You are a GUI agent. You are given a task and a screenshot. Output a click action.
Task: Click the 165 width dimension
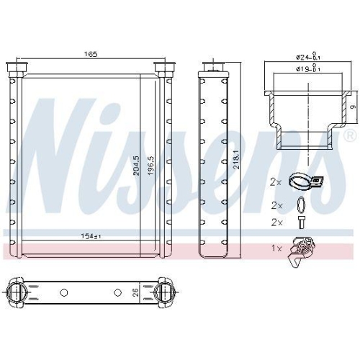pos(90,54)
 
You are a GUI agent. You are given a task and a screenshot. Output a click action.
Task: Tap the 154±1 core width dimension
pos(91,235)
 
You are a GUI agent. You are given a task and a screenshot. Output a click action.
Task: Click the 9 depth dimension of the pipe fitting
pos(352,107)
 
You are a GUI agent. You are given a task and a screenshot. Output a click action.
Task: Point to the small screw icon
pos(301,222)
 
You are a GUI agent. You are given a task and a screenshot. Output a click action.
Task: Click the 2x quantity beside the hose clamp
pos(276,183)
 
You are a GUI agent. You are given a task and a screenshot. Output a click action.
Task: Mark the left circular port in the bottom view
pos(20,293)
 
